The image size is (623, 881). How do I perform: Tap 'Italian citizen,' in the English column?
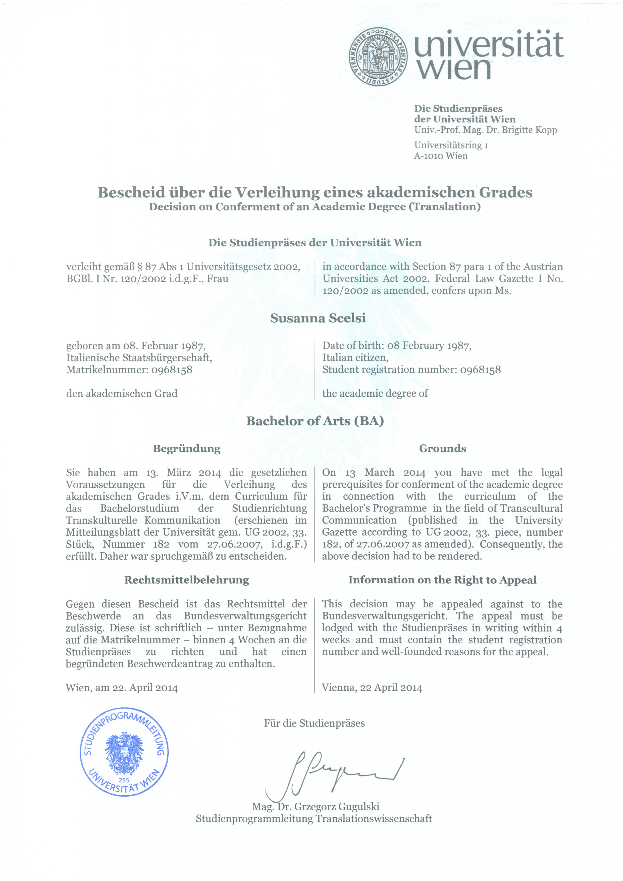click(x=355, y=358)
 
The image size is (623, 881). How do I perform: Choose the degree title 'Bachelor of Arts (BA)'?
click(x=315, y=421)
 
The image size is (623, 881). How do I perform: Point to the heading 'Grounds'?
click(x=442, y=449)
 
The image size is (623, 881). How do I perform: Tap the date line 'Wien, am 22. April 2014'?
click(x=122, y=688)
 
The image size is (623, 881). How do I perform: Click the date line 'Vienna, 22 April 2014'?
click(x=372, y=688)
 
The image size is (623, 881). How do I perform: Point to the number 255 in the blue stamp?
click(x=124, y=780)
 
